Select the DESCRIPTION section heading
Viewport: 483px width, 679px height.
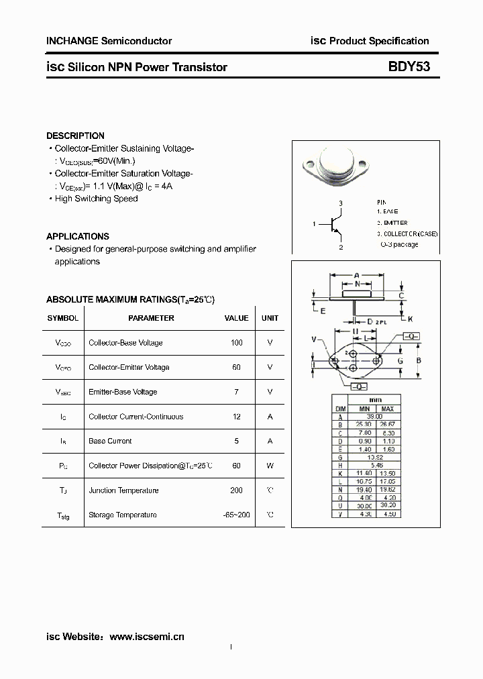[x=75, y=136]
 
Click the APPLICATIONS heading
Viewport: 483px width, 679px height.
[x=77, y=236]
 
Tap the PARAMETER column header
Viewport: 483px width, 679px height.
[x=151, y=318]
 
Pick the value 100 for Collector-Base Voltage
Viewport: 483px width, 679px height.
[x=236, y=343]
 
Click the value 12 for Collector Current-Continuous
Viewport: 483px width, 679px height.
[x=236, y=417]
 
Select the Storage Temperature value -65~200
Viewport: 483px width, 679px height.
[x=236, y=515]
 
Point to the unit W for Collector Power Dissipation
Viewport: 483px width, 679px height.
[x=270, y=466]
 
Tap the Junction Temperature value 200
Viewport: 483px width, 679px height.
[x=236, y=490]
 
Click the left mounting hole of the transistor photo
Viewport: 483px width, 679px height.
[x=312, y=163]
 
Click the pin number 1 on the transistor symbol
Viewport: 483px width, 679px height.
[x=314, y=223]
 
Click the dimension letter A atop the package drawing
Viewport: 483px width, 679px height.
[x=356, y=275]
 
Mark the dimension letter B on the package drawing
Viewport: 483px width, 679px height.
[x=419, y=361]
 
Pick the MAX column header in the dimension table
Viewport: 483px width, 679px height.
[x=387, y=409]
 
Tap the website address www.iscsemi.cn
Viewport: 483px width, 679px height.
[x=146, y=636]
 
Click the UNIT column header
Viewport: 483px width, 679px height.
[x=270, y=318]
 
